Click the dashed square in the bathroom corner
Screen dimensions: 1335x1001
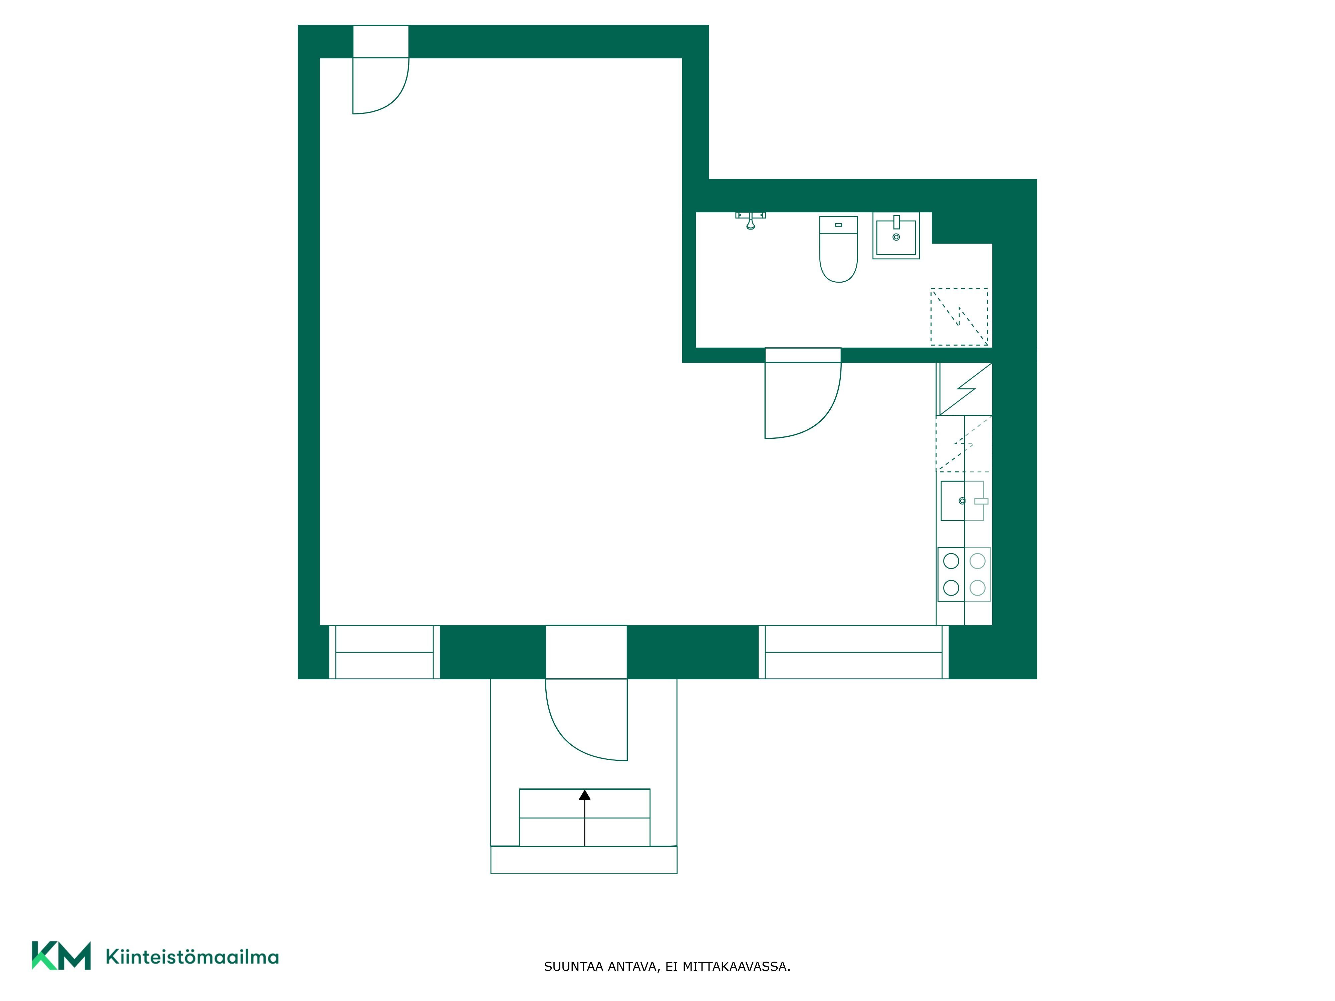(x=959, y=317)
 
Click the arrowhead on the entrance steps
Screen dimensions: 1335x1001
(x=584, y=795)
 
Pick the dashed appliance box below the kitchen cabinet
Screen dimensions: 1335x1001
(x=964, y=443)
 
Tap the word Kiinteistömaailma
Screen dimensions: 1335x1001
(x=192, y=957)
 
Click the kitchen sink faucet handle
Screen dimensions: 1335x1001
(x=981, y=501)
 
